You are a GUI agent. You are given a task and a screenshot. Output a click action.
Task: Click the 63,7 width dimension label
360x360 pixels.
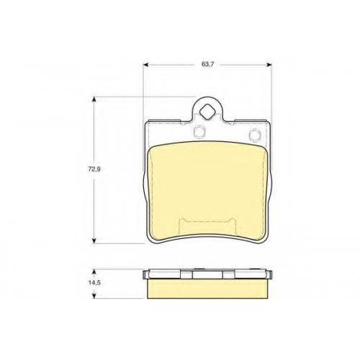pos(208,64)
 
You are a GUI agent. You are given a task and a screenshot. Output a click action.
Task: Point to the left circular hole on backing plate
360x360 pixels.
pos(199,132)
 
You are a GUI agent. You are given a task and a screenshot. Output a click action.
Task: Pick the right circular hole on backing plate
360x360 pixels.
pos(255,134)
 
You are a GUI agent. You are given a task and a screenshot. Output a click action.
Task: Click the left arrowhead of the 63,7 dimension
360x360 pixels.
pos(146,64)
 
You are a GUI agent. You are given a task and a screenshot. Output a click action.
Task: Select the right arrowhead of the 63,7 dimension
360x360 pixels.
pos(269,64)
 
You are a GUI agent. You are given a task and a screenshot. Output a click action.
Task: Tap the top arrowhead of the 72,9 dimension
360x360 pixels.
pos(94,99)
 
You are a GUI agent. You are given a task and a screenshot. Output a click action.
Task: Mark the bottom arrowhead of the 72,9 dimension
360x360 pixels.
pos(94,240)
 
